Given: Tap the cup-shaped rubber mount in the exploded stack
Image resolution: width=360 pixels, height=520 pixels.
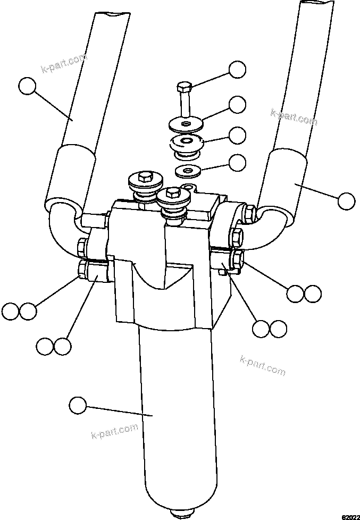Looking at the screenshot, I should point(186,144).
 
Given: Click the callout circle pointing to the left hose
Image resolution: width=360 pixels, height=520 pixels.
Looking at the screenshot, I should point(27,86).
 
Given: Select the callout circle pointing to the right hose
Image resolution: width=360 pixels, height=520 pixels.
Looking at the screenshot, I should point(346,200).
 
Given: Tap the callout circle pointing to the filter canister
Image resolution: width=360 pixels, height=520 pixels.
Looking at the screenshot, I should point(78,406).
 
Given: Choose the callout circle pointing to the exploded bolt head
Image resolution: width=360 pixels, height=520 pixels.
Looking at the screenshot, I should point(237,70).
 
